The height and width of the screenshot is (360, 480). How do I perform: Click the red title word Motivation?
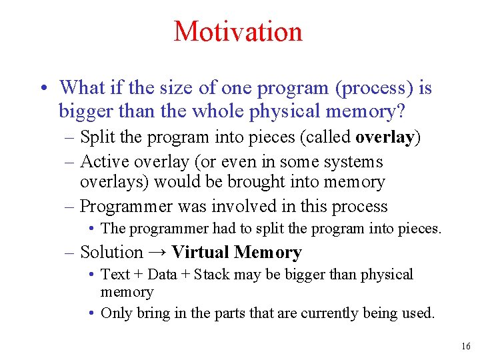[x=238, y=31]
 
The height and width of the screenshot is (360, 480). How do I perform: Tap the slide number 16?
[x=466, y=346]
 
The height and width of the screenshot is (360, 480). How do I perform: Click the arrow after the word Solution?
[x=157, y=252]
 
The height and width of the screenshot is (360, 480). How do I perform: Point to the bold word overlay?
[x=385, y=137]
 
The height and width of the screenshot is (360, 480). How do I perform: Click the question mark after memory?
[x=401, y=111]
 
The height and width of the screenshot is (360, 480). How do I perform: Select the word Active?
[x=105, y=161]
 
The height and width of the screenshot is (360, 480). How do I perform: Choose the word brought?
[x=256, y=182]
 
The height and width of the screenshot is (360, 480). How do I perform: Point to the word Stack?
[x=211, y=274]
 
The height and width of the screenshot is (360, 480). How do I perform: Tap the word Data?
[x=162, y=274]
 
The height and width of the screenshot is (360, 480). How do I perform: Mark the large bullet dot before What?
[x=45, y=88]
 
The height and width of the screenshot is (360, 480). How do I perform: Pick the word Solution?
[x=112, y=252]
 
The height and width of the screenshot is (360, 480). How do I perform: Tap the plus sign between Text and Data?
[x=139, y=275]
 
